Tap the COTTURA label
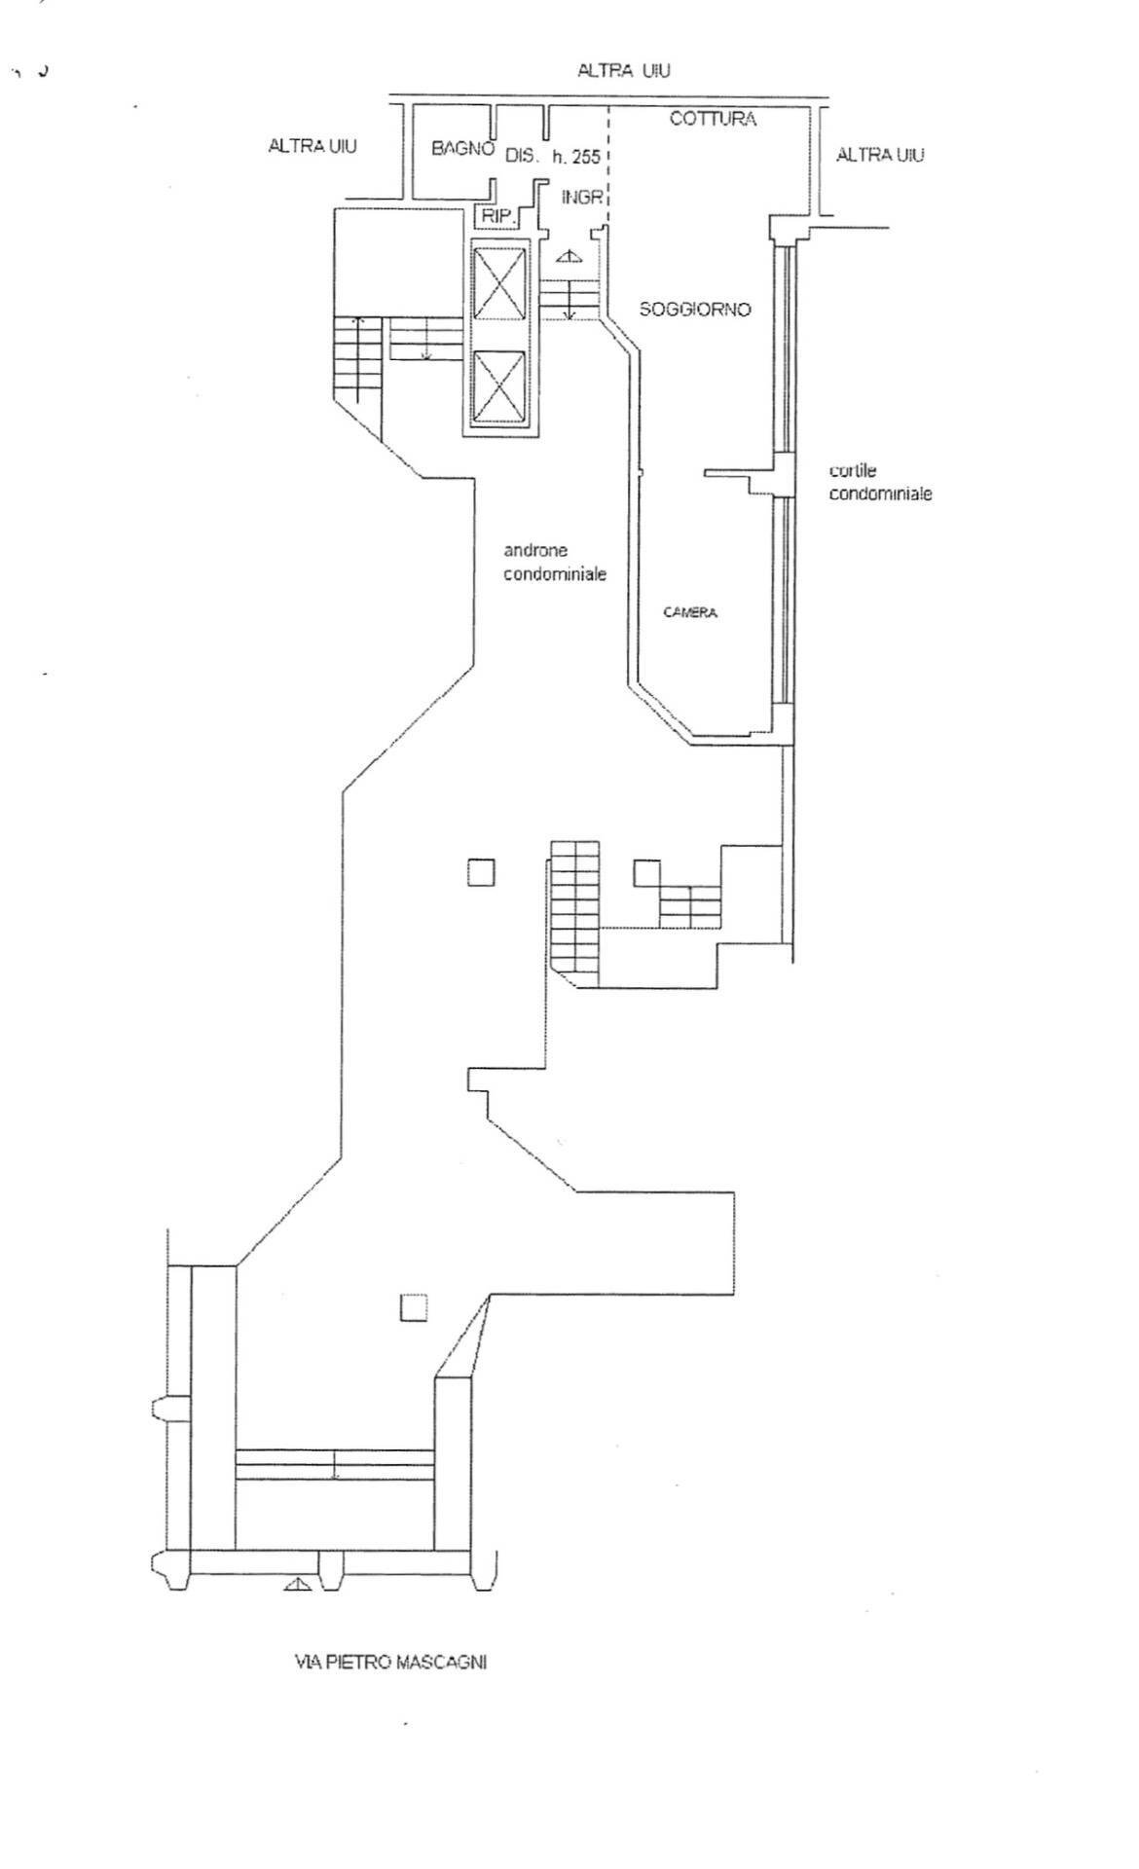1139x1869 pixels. coord(713,119)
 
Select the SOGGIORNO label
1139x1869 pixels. coord(695,310)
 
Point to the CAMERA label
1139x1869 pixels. coord(690,612)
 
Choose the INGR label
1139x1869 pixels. coord(582,198)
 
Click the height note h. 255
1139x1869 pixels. coord(577,157)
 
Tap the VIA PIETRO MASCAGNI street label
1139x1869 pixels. coord(390,1662)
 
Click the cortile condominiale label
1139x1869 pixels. coord(880,482)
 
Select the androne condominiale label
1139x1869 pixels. coord(555,563)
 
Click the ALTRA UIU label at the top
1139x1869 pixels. coord(624,70)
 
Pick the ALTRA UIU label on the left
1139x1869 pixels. coord(312,146)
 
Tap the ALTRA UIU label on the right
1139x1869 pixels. coord(880,154)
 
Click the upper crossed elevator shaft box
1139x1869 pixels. coord(497,282)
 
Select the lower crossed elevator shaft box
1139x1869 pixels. coord(497,386)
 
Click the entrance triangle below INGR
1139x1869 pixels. coord(569,256)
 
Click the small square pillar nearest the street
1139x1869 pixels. coord(414,1307)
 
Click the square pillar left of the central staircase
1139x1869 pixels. coord(481,872)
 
